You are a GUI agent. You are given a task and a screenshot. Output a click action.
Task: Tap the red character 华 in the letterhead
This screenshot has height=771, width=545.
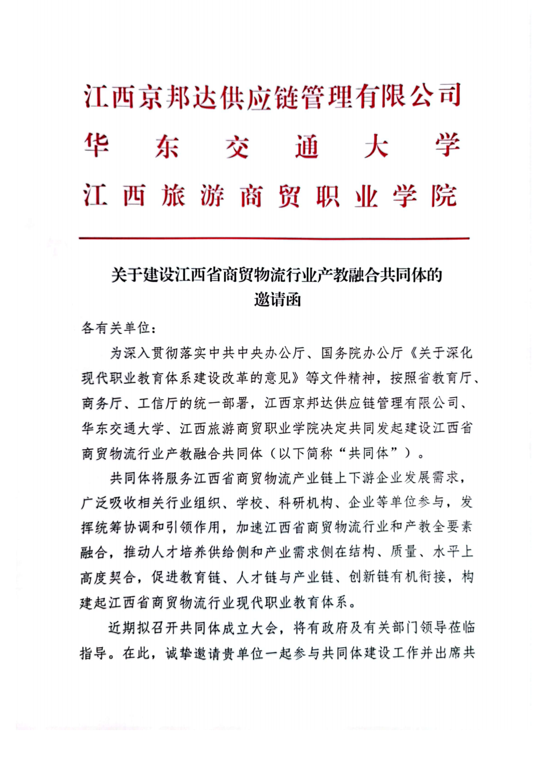pyautogui.click(x=97, y=146)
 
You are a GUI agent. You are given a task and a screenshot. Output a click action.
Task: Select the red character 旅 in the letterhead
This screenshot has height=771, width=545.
pyautogui.click(x=173, y=196)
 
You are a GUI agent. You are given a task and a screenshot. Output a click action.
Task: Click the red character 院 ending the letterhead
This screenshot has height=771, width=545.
pyautogui.click(x=444, y=196)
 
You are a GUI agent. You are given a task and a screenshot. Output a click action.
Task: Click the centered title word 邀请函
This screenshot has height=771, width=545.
pyautogui.click(x=277, y=300)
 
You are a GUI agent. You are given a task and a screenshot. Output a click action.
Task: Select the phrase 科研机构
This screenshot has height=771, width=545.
pyautogui.click(x=305, y=503)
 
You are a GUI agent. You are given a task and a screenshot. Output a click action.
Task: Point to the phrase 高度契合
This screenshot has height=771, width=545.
pyautogui.click(x=108, y=578)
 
